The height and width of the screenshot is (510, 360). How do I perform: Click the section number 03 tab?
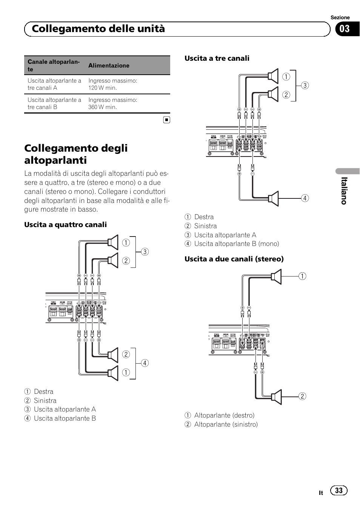(345, 29)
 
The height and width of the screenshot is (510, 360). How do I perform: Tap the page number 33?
(339, 490)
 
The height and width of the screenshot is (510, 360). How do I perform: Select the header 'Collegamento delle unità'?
(98, 29)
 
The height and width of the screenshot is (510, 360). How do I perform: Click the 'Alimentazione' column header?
(109, 66)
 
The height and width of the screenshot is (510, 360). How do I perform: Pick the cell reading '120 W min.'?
(103, 88)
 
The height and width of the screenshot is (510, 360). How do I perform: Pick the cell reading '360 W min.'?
(103, 107)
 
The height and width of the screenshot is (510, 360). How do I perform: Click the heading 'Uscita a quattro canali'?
(65, 225)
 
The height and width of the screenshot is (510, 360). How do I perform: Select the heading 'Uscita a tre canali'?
(217, 58)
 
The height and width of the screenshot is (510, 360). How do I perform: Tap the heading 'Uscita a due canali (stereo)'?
(234, 259)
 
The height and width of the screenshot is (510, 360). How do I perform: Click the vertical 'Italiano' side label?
(344, 190)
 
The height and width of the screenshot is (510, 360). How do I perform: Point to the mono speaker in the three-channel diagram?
(274, 198)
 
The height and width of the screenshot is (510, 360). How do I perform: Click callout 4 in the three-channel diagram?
(305, 198)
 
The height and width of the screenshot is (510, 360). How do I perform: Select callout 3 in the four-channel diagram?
(145, 252)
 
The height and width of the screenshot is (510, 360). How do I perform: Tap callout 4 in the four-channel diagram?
(145, 363)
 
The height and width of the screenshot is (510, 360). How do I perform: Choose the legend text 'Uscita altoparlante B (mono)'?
(237, 244)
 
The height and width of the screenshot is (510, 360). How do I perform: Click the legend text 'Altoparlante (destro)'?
(224, 415)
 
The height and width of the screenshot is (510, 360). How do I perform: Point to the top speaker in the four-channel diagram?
(113, 242)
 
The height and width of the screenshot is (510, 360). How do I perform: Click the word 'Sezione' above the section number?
(340, 18)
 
